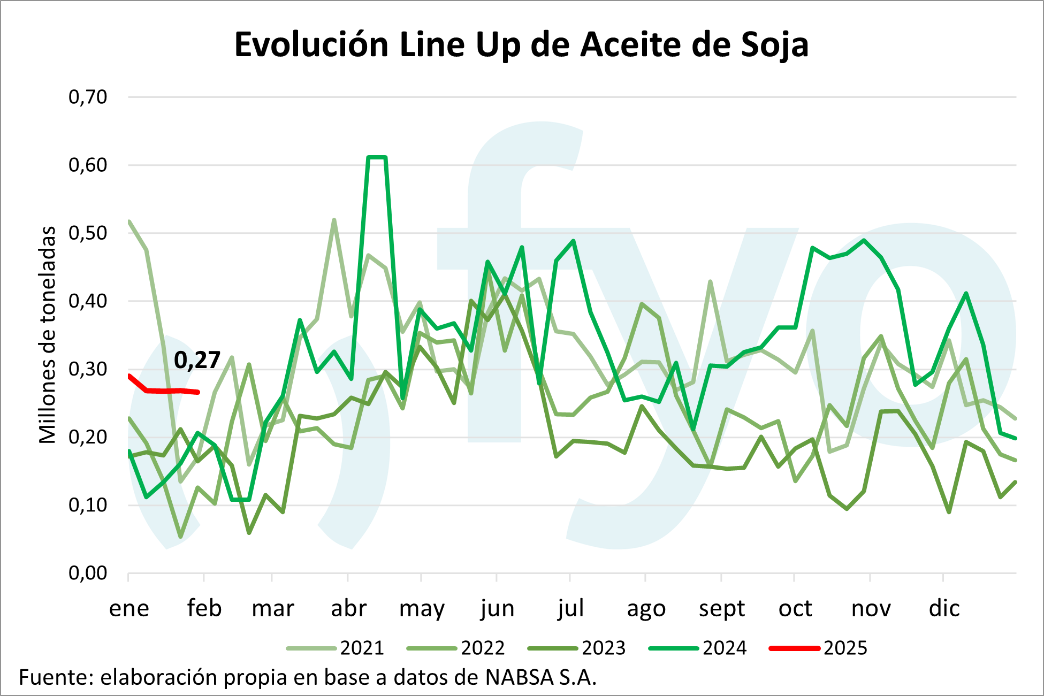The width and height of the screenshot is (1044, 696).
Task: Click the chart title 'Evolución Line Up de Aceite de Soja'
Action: click(x=521, y=45)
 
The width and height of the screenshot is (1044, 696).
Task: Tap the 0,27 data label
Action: click(x=197, y=360)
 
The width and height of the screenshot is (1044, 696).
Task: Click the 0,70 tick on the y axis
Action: click(x=88, y=97)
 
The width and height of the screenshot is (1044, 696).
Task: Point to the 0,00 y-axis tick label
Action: click(x=88, y=573)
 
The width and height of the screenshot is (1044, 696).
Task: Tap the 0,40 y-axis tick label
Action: click(x=88, y=301)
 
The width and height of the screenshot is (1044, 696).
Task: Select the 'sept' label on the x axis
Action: click(x=721, y=609)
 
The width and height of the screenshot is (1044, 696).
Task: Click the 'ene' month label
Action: click(x=129, y=609)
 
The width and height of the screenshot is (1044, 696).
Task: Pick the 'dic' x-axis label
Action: click(x=944, y=609)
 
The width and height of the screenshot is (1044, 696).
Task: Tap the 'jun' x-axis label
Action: click(x=497, y=609)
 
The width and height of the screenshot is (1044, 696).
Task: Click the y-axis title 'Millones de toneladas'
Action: click(x=48, y=335)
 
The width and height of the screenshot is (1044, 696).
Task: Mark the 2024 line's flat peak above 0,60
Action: click(x=377, y=157)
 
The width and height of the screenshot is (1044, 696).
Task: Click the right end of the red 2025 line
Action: click(x=198, y=392)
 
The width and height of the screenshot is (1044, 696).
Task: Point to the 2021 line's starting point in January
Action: click(x=129, y=221)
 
